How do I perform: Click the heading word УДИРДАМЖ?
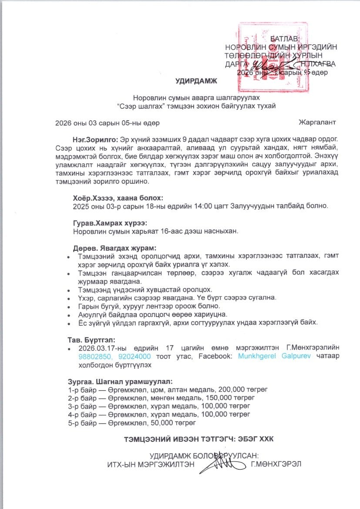click(195, 81)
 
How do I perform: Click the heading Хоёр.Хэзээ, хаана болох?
click(112, 197)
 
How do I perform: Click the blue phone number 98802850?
click(94, 356)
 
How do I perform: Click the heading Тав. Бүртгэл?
click(90, 340)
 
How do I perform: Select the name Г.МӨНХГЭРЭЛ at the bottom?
click(276, 464)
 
